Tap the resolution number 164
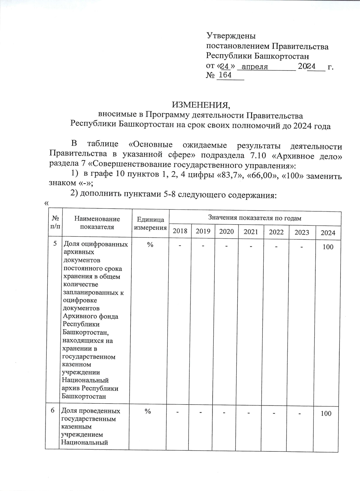point(225,75)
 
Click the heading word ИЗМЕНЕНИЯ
point(201,105)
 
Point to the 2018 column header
point(180,231)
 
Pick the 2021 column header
point(251,232)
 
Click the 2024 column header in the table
point(328,233)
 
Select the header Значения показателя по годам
point(254,218)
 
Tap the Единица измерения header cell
point(150,224)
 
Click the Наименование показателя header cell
point(97,223)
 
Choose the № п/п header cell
point(55,222)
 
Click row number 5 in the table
point(55,244)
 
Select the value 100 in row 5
point(328,247)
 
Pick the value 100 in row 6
point(326,414)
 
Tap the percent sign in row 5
point(150,245)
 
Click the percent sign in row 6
point(148,412)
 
